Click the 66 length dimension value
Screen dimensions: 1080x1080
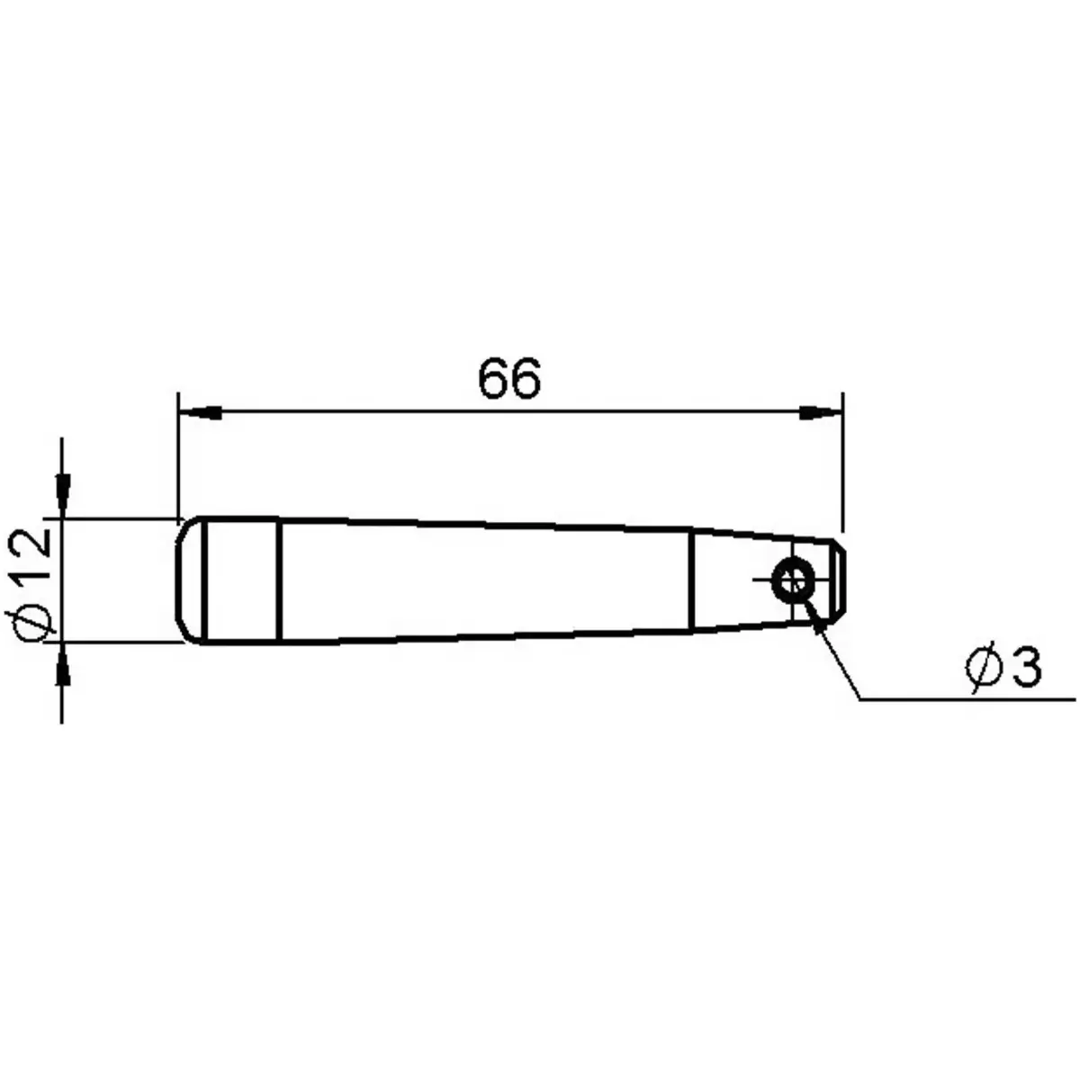point(509,380)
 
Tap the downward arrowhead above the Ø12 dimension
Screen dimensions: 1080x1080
point(61,491)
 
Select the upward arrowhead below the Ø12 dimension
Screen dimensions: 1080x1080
point(61,670)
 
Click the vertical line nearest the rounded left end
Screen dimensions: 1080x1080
point(206,580)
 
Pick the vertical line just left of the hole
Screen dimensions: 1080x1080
point(691,580)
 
